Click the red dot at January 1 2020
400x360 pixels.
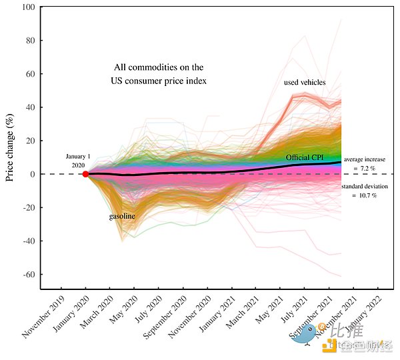pos(85,174)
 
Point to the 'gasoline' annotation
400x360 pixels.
pos(123,217)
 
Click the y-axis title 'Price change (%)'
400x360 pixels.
pos(10,148)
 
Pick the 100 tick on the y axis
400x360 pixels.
pos(29,7)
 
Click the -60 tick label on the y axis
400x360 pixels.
pos(29,275)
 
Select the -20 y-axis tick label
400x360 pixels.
pos(29,207)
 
